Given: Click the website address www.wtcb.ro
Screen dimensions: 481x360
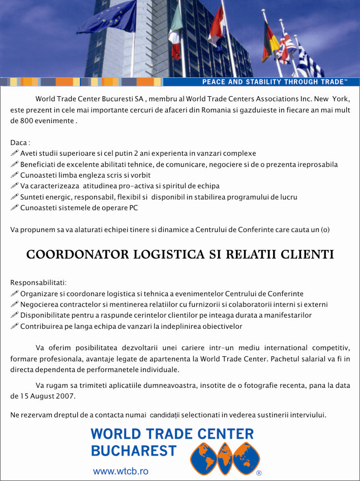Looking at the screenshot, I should [x=121, y=471].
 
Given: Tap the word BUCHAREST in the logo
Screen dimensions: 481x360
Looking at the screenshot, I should [x=134, y=450].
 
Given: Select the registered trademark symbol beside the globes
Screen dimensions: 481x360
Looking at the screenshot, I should [x=259, y=473].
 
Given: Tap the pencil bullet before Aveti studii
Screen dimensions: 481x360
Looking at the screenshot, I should [x=14, y=153].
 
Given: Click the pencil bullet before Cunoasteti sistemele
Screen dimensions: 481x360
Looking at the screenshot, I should [x=14, y=207].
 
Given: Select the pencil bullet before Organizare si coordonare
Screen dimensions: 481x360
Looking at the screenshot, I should [x=14, y=294].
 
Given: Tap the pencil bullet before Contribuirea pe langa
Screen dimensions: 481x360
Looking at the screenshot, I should [x=14, y=326].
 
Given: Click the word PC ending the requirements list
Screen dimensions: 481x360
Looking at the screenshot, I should [x=133, y=208].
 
